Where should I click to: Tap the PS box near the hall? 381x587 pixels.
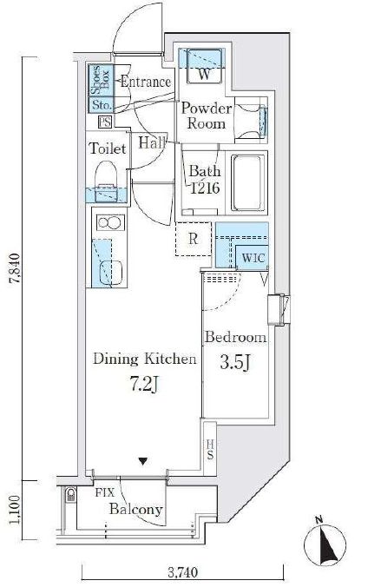tap(105, 122)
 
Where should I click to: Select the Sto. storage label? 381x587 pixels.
tap(101, 105)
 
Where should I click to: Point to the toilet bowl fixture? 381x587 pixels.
tap(107, 181)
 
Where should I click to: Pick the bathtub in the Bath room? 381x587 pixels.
tap(247, 183)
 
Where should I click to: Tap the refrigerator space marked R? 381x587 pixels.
tap(194, 239)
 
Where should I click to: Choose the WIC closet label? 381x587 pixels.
tap(253, 258)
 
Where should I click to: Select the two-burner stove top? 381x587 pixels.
tap(110, 222)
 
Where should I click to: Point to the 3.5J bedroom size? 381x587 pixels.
tap(234, 362)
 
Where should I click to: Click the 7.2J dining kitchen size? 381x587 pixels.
tap(145, 384)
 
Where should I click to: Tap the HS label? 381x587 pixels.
tap(210, 449)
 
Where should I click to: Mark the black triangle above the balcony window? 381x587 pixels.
tap(142, 461)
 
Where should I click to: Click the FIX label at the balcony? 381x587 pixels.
tap(104, 492)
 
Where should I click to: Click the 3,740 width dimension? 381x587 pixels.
tap(182, 572)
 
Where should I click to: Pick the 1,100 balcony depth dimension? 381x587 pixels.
tap(14, 510)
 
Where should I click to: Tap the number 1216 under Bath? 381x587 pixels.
tap(205, 188)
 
